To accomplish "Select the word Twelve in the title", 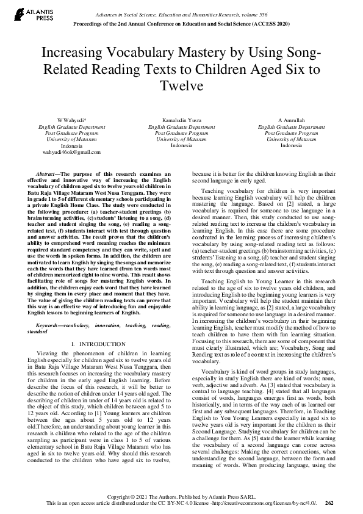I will click(x=181, y=86).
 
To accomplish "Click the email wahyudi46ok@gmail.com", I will click(x=71, y=151).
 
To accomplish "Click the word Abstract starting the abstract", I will click(x=48, y=174).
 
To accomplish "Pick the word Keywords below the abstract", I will click(x=51, y=326).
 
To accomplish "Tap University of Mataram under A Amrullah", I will click(x=290, y=139).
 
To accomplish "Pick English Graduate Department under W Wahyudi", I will click(x=71, y=127).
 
